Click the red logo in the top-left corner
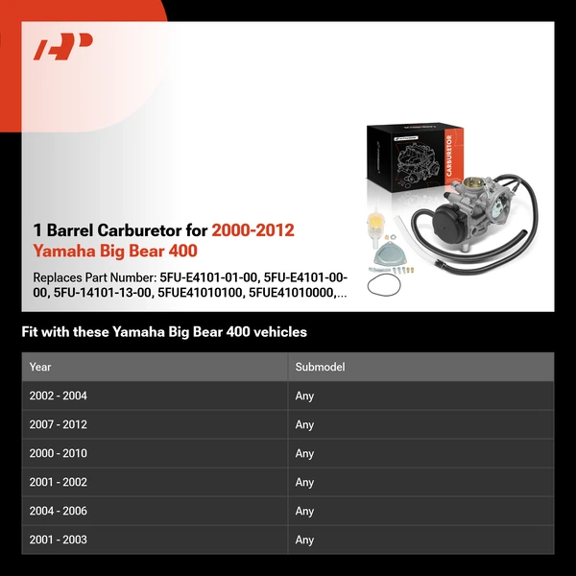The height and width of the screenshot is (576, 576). (62, 46)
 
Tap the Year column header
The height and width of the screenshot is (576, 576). (40, 367)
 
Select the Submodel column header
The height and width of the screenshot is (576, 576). (320, 367)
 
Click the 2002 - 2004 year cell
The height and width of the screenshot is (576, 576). (58, 396)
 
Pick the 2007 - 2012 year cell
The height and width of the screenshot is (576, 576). (58, 424)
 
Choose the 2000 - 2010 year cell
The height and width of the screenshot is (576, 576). (58, 453)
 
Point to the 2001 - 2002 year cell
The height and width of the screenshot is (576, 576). (58, 482)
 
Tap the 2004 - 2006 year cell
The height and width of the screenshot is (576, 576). (58, 511)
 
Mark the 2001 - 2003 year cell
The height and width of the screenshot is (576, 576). (58, 540)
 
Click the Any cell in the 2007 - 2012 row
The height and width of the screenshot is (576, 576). (304, 424)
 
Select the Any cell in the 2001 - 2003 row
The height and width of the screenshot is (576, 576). (304, 540)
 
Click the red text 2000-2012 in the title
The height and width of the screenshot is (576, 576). (253, 230)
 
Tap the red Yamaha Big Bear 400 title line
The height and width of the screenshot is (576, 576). (115, 251)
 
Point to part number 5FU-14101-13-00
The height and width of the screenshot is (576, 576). (103, 293)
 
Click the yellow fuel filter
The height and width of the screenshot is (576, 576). (375, 228)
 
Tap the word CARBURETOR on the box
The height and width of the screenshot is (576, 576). (449, 155)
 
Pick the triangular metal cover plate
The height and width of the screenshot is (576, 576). (388, 253)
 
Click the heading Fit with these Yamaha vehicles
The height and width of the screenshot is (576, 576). (164, 332)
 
